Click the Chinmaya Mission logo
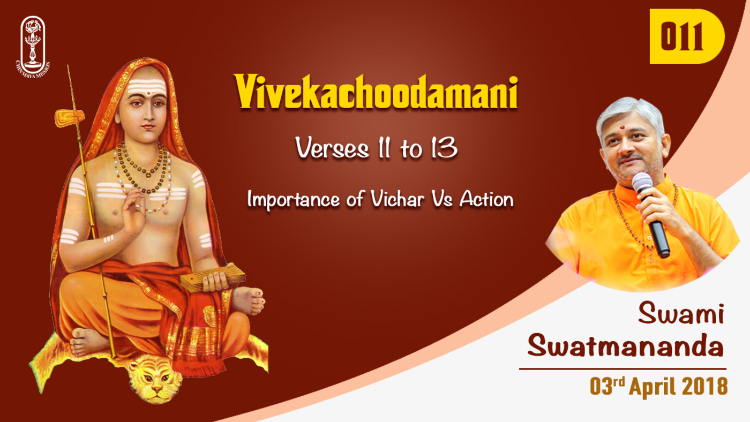pos(33,47)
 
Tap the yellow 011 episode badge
pos(687,36)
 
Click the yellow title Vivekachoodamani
pos(376,92)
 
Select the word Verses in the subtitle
pos(332,148)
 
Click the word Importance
pos(294,199)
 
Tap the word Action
pos(486,199)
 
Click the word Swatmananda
pos(626,345)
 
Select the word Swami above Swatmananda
pos(681,313)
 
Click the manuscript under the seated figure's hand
pos(212,277)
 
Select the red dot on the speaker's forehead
pos(622,127)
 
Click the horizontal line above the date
pos(622,369)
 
